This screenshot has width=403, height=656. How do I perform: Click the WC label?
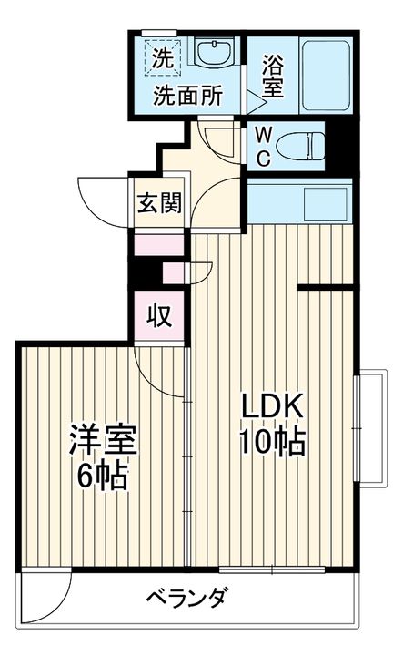[261, 146]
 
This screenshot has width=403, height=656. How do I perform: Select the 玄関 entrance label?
[159, 201]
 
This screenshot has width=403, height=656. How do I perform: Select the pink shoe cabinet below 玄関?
[159, 244]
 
